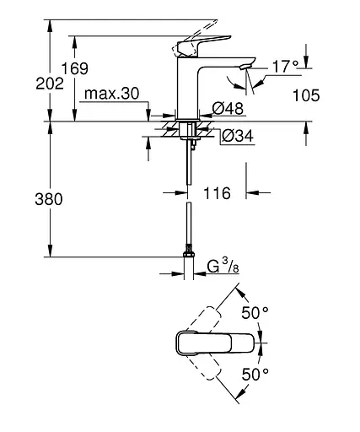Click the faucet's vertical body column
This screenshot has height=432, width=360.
186,89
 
